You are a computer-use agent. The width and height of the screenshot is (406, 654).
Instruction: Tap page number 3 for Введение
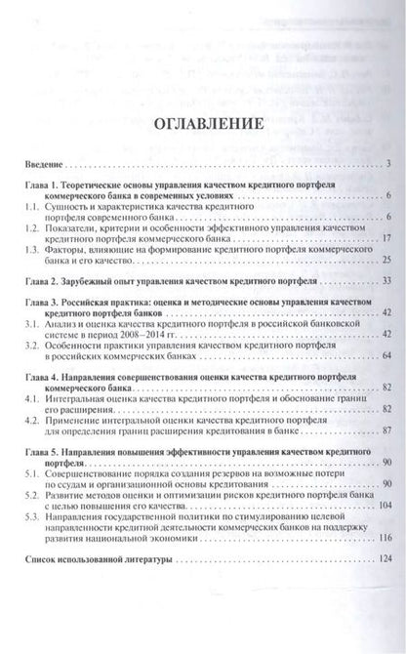click(x=387, y=162)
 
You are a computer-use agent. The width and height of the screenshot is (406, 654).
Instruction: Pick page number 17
click(x=386, y=238)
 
